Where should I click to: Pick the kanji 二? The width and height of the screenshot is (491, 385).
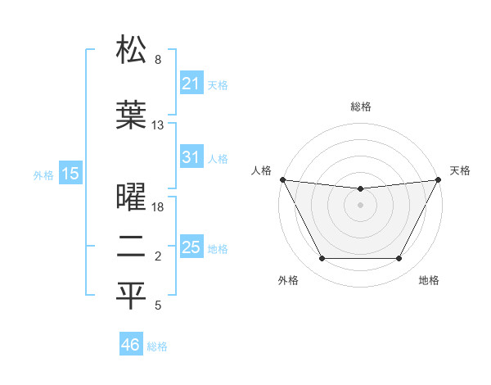point(131,247)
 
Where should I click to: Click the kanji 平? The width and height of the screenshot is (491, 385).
point(131,297)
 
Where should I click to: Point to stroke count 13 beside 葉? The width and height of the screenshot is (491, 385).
point(158,125)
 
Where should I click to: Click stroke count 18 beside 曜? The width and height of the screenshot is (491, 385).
point(158,206)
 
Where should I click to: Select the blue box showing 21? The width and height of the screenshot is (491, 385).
point(191,84)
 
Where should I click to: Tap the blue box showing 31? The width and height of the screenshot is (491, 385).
point(191,157)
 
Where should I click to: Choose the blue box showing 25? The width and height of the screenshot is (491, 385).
point(191,247)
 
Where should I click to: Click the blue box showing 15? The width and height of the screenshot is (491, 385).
point(70,174)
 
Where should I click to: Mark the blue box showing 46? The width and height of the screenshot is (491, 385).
point(131,345)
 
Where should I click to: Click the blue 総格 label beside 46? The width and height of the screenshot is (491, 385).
point(157,346)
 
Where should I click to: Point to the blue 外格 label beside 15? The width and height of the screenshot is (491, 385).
point(43,174)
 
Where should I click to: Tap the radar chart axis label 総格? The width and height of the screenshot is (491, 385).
point(360,106)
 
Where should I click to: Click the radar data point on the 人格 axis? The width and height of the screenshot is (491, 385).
point(282,179)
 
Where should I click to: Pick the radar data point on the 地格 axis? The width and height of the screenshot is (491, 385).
point(399,259)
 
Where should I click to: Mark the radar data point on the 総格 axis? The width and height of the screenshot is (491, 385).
point(360,189)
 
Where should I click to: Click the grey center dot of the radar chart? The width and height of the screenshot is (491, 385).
point(360,204)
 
